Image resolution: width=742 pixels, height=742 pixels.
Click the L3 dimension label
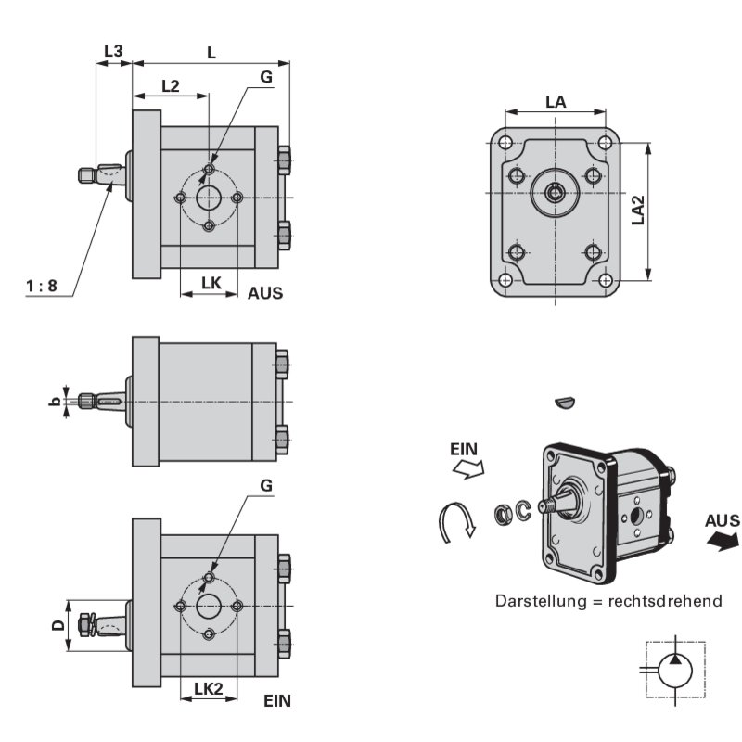tap(112, 52)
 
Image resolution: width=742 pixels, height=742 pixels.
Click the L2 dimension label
tap(170, 86)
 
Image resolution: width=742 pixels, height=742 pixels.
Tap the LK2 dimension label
tap(209, 688)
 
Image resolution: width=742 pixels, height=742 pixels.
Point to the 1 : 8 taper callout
tap(42, 287)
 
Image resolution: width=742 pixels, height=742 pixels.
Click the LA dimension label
tap(556, 102)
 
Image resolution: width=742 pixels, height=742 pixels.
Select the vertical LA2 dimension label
tap(638, 211)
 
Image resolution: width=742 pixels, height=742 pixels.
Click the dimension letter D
tap(58, 626)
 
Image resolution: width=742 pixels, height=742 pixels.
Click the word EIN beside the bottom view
tap(276, 701)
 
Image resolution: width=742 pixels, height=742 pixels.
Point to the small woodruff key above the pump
tap(564, 402)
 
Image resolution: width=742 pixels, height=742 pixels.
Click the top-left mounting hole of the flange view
tap(505, 143)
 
